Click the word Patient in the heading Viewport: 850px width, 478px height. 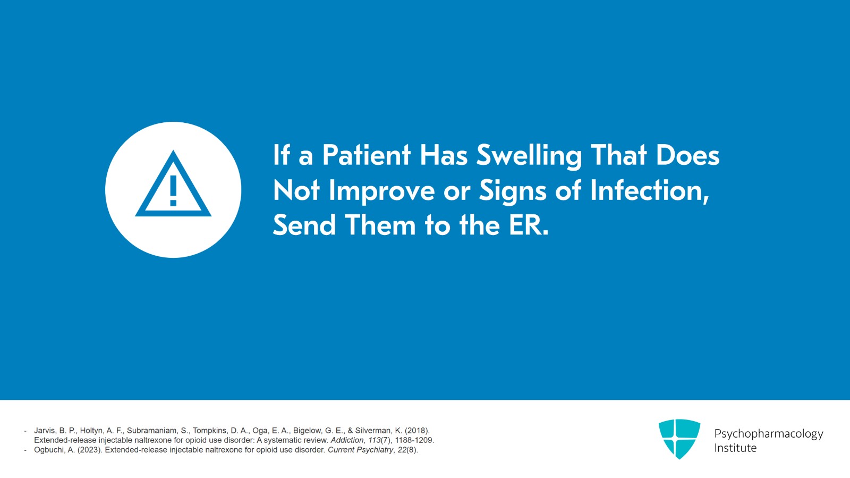366,155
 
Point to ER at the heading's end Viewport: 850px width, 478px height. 528,225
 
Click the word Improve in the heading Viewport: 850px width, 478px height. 381,191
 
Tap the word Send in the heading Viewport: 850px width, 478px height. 304,225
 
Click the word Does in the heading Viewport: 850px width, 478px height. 687,155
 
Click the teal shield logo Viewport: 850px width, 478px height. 679,438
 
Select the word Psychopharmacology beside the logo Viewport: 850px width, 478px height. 768,434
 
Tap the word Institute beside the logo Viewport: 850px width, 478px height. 735,448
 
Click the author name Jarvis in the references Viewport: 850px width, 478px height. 45,431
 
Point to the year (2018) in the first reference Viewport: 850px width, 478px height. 417,431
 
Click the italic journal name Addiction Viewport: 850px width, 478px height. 347,440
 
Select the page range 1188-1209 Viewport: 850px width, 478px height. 414,440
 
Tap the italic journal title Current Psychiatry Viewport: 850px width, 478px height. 360,450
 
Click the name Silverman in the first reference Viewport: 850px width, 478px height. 373,431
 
